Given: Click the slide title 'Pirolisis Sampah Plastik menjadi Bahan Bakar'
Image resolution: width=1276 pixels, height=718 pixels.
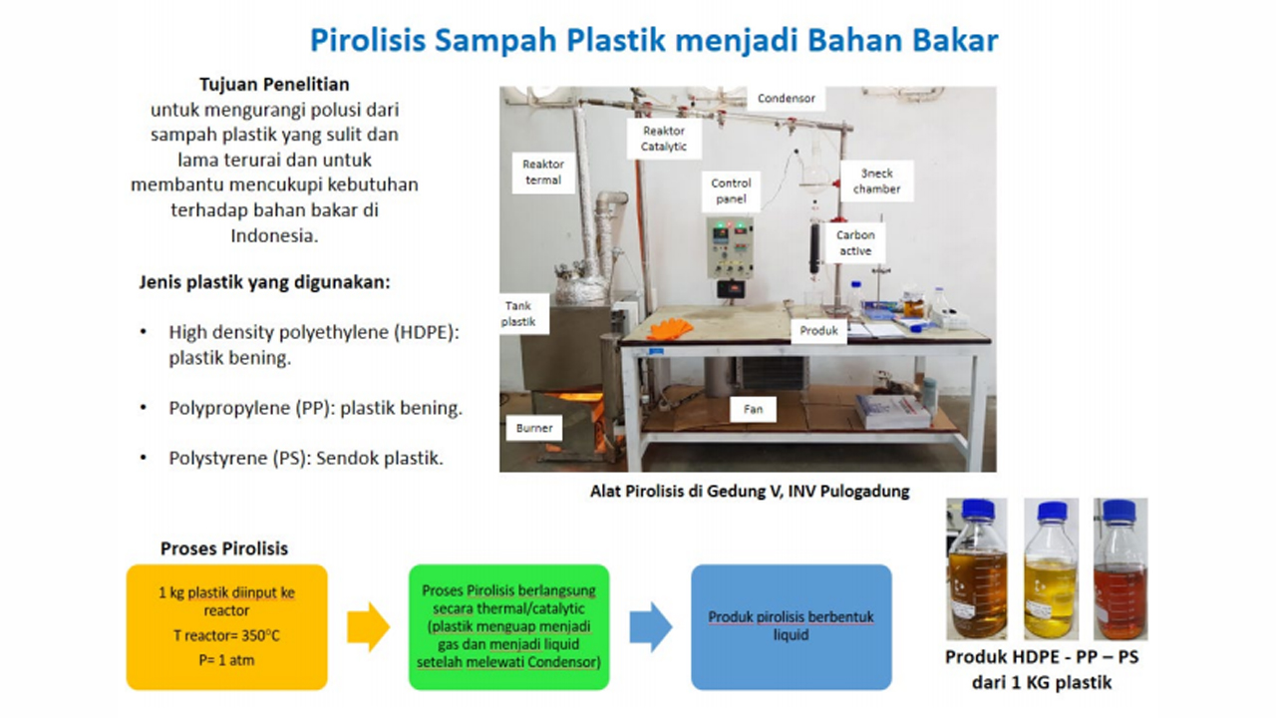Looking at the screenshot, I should click(654, 40).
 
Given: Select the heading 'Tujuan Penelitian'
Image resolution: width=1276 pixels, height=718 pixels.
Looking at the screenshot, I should click(274, 85).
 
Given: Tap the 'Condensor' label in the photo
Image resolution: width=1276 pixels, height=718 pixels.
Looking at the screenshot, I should click(786, 98).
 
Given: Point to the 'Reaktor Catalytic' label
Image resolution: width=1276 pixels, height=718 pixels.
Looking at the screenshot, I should click(664, 139).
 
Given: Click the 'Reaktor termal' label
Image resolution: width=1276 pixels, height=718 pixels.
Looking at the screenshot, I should click(542, 173).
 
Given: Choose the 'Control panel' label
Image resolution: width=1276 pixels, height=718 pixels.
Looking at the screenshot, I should click(731, 191).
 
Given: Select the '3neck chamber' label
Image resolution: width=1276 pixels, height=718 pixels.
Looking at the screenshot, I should click(876, 180).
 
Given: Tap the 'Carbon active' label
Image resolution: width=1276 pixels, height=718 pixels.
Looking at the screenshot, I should click(854, 243).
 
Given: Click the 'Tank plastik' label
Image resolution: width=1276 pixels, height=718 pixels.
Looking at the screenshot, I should click(518, 313).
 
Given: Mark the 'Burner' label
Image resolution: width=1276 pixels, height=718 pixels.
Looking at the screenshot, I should click(533, 428).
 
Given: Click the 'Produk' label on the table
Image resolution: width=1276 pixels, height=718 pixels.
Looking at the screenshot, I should click(818, 330).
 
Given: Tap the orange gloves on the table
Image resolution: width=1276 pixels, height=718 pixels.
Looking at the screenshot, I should click(669, 328).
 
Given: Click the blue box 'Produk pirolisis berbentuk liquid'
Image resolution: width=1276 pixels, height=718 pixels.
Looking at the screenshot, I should click(791, 626).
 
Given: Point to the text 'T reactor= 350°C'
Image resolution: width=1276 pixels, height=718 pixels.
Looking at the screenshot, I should click(226, 634).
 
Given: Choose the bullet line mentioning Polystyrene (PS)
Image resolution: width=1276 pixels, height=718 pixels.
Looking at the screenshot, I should click(305, 459).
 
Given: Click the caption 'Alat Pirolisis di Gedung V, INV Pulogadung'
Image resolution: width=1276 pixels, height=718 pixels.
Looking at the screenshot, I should click(749, 491).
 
